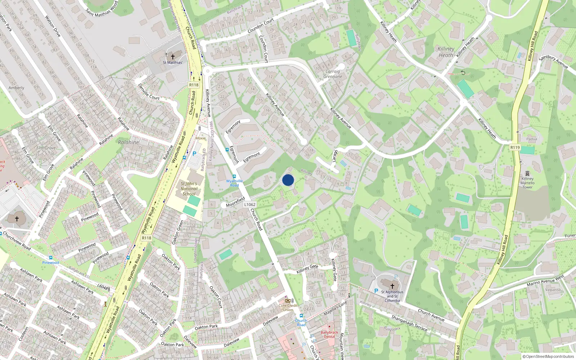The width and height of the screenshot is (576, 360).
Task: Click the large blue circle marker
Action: coord(288,180)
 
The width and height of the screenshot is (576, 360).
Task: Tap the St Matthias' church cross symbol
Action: coord(172,57)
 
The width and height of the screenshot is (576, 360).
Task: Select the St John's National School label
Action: coord(189,189)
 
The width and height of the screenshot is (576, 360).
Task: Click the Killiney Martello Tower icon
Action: coord(527,174)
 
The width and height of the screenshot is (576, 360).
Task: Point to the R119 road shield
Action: coord(515,147)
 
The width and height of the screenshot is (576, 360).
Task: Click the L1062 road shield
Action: coord(249,204)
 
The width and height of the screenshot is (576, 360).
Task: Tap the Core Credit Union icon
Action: coord(288,301)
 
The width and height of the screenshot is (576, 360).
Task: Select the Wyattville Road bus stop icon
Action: coord(234,176)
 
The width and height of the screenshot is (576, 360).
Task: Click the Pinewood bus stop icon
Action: coord(50,258)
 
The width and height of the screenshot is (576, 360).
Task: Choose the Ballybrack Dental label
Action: coord(329,334)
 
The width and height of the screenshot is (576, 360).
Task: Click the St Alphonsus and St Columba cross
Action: coord(392,286)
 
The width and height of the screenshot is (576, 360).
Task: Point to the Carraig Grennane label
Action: coord(333,74)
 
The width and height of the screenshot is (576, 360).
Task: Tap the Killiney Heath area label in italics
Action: coord(446,52)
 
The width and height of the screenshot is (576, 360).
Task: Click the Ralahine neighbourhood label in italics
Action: coord(128,142)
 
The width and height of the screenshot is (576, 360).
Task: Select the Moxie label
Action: coord(201,138)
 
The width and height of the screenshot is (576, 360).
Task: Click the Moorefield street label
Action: coord(235,202)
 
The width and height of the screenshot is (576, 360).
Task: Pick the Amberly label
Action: coord(16,88)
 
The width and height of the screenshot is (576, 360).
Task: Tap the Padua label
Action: coord(532,139)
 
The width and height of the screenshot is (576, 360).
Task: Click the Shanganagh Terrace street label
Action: coord(409,323)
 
